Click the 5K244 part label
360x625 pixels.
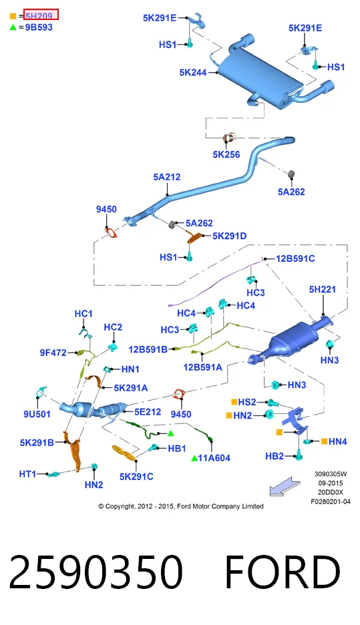coord(193,73)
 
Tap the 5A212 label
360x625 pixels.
coord(167,177)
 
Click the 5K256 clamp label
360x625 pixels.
coord(226,155)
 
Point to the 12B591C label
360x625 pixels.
coord(295,258)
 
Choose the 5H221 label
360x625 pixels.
coord(322,289)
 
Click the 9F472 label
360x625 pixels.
coord(53,353)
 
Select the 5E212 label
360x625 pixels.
coord(148,412)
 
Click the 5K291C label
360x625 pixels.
coord(136,477)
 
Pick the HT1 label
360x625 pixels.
coord(27,474)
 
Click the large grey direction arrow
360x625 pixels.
coord(285,486)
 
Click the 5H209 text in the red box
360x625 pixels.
coord(39,16)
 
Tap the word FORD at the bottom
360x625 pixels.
coord(283,572)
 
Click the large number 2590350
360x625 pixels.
coord(96,572)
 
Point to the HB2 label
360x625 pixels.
coord(275,456)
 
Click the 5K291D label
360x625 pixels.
coord(229,236)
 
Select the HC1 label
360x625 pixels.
coord(83,314)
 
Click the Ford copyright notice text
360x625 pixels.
coord(181,506)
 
